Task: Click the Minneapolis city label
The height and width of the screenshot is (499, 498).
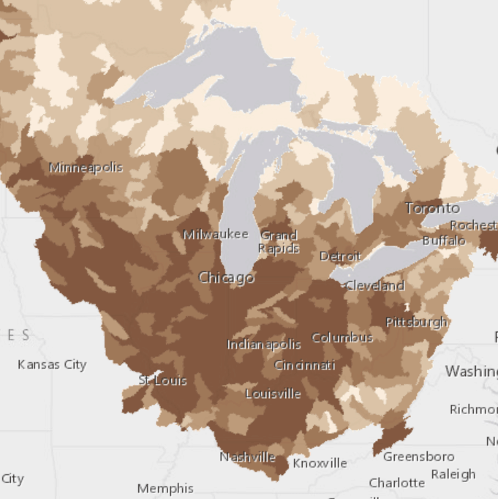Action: tap(86, 168)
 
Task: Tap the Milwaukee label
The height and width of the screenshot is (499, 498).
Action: tap(216, 235)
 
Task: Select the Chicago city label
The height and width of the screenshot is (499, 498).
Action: tap(226, 278)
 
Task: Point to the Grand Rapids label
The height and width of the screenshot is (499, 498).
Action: tap(279, 242)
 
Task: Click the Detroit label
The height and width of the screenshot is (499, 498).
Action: tap(340, 257)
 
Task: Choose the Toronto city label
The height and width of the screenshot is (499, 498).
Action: tap(432, 209)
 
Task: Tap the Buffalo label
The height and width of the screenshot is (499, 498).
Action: tap(444, 240)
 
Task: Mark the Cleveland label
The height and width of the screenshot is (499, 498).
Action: tap(374, 285)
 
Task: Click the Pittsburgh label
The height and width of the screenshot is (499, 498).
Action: tap(417, 322)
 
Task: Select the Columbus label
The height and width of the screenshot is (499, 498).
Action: tap(342, 338)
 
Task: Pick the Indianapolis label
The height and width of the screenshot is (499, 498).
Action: tap(264, 345)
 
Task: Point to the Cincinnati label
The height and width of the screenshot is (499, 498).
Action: tap(305, 365)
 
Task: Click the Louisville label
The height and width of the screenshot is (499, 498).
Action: tap(273, 394)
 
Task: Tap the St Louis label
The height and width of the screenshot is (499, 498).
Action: tap(163, 380)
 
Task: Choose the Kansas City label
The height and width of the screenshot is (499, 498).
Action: tap(52, 364)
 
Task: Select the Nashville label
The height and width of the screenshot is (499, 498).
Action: tap(247, 457)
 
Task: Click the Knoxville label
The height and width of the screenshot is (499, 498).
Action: tap(320, 463)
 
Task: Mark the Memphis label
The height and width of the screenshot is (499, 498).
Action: tap(165, 488)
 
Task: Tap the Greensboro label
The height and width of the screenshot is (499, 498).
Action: tap(419, 457)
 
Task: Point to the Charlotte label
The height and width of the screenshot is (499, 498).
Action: tap(397, 483)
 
